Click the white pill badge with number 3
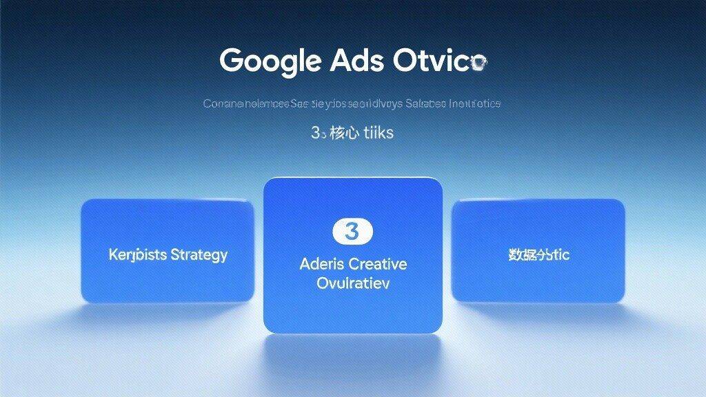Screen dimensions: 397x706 click(x=352, y=232)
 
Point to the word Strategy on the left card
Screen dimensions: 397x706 click(x=199, y=255)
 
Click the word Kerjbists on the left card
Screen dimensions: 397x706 click(x=138, y=255)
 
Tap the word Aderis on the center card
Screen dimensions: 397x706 click(x=321, y=263)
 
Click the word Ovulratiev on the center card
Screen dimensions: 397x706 click(x=352, y=283)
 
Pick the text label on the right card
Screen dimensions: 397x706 click(x=538, y=255)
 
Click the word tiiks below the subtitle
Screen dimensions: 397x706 click(x=378, y=132)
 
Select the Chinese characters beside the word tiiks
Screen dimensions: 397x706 click(x=343, y=132)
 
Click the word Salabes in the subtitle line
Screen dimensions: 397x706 click(x=425, y=104)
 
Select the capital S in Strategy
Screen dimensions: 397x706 click(x=175, y=255)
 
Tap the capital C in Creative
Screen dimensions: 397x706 click(x=353, y=263)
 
